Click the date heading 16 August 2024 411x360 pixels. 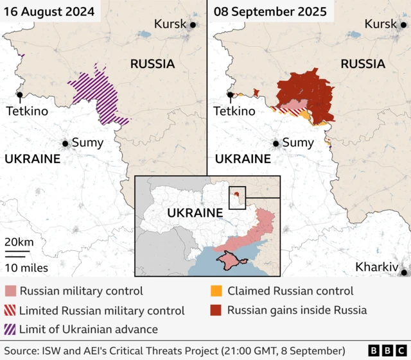(48, 12)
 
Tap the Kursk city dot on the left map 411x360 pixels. (193, 24)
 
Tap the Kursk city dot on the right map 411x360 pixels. (403, 24)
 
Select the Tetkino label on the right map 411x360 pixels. (234, 111)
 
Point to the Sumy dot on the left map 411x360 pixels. (65, 144)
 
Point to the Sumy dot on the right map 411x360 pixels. (275, 144)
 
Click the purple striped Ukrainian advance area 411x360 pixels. (96, 93)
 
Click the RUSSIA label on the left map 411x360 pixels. (152, 64)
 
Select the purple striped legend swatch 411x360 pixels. (10, 330)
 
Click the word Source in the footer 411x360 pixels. (21, 351)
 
